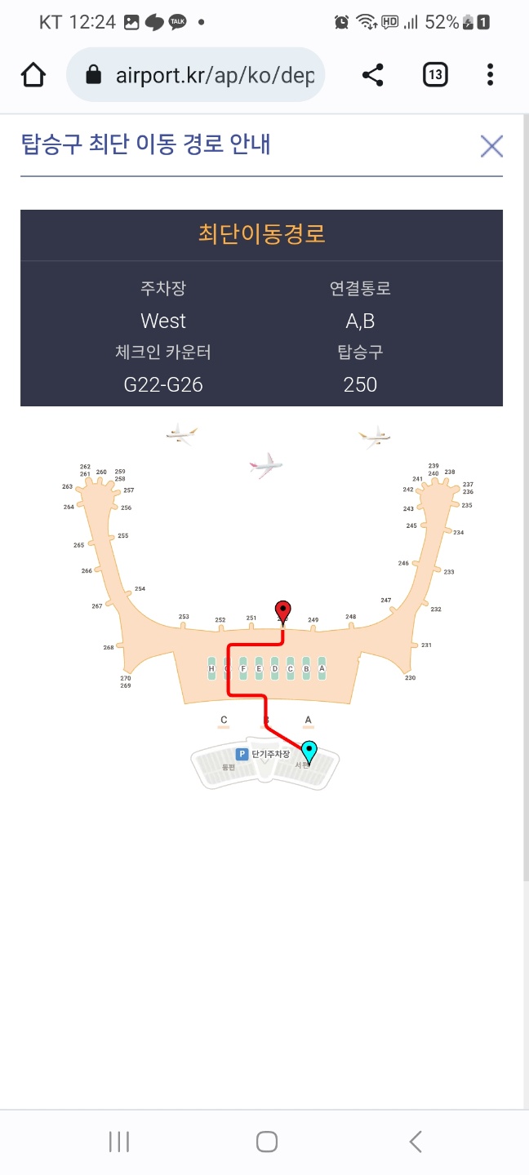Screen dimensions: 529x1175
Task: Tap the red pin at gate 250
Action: pyautogui.click(x=282, y=610)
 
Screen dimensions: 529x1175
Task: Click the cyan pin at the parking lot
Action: pyautogui.click(x=309, y=751)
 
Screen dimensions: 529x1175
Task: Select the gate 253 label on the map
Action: pyautogui.click(x=184, y=617)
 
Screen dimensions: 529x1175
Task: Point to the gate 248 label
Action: pyautogui.click(x=350, y=617)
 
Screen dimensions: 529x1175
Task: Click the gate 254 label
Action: pyautogui.click(x=140, y=588)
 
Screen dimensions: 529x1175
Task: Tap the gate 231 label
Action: pyautogui.click(x=426, y=645)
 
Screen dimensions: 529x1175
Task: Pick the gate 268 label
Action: pyautogui.click(x=109, y=647)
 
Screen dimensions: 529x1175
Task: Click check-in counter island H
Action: pyautogui.click(x=211, y=668)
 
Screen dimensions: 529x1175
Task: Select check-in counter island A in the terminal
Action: pyautogui.click(x=322, y=668)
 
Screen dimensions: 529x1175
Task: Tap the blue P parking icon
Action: pyautogui.click(x=242, y=754)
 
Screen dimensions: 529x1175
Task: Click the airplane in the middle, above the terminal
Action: pyautogui.click(x=265, y=466)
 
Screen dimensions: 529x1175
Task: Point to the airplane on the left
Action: pyautogui.click(x=181, y=433)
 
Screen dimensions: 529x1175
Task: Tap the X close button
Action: pyautogui.click(x=491, y=146)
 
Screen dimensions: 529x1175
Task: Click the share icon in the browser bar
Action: pyautogui.click(x=373, y=76)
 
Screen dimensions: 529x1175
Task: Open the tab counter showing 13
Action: pyautogui.click(x=435, y=76)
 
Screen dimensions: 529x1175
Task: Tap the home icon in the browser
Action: pyautogui.click(x=33, y=76)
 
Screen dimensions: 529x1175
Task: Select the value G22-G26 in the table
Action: pyautogui.click(x=163, y=384)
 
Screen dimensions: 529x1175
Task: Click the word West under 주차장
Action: pyautogui.click(x=163, y=321)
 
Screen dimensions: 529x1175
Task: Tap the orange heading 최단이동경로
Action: pyautogui.click(x=261, y=234)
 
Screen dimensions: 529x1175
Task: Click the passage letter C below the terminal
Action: pyautogui.click(x=224, y=720)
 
